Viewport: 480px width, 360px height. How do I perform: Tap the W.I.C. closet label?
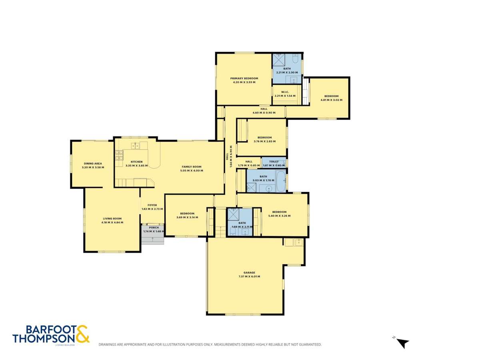(x=285, y=92)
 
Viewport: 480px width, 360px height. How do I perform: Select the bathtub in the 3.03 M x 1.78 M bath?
(x=280, y=181)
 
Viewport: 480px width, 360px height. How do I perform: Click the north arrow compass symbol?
(x=403, y=343)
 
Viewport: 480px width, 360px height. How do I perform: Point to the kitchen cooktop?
(x=119, y=156)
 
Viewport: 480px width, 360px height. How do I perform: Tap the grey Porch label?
(x=154, y=228)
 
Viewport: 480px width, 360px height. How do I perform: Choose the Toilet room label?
(x=274, y=162)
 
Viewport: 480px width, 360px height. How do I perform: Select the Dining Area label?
(x=93, y=163)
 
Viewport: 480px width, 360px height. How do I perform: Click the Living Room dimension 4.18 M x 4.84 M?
(x=112, y=222)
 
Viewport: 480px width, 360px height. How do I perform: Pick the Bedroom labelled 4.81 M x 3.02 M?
(x=331, y=96)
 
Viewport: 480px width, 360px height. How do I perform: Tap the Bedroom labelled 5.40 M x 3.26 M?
(x=279, y=212)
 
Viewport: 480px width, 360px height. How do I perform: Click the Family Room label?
(x=192, y=166)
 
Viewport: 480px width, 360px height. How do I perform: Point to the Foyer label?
(x=152, y=205)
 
